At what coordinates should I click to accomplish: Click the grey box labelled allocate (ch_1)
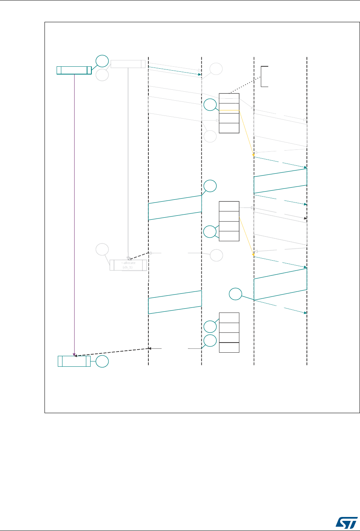point(128,265)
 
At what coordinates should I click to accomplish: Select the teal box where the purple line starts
point(74,70)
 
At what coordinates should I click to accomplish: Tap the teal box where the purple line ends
point(74,361)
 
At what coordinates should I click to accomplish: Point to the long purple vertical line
point(74,215)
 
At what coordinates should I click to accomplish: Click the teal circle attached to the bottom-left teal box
point(103,361)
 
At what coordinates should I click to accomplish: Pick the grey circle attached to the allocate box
point(102,250)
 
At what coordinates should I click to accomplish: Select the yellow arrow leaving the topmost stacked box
point(246,133)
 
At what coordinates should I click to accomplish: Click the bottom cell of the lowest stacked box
point(229,348)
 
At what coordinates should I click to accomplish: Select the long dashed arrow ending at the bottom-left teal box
point(113,352)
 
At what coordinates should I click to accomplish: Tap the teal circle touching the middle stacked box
point(210,232)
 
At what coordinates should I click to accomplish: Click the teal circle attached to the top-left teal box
point(102,61)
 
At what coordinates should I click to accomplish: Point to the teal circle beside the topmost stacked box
point(210,105)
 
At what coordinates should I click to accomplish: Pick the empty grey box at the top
point(128,64)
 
